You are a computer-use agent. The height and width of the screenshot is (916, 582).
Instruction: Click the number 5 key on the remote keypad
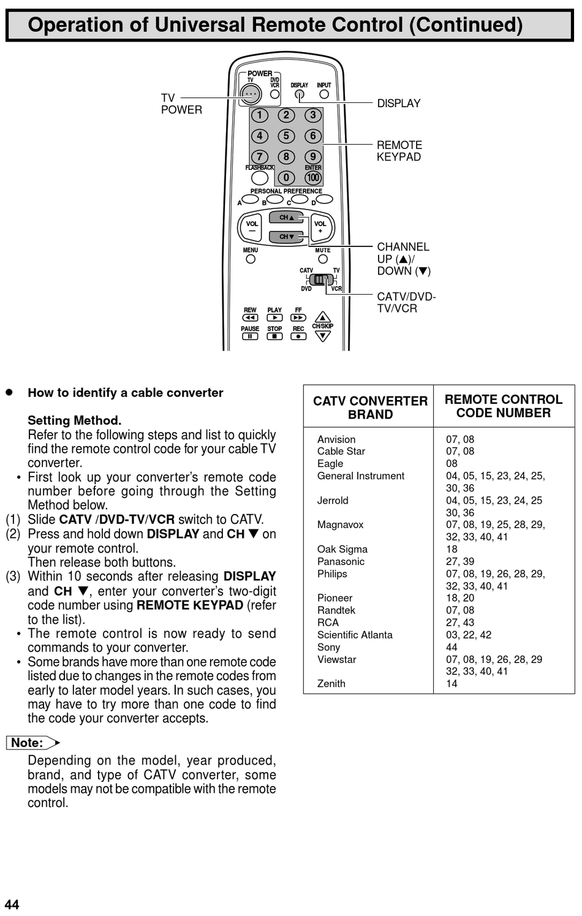point(286,136)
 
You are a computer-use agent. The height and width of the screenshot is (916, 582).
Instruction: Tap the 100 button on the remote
point(313,178)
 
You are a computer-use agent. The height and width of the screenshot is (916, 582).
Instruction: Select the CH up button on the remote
point(287,218)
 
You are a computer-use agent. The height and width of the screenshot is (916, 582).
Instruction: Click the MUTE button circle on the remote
point(323,259)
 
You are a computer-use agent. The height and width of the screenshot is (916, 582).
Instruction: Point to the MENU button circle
point(251,259)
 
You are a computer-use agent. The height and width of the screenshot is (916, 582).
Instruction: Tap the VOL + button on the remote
point(320,227)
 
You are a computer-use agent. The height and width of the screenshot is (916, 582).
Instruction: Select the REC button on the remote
point(298,336)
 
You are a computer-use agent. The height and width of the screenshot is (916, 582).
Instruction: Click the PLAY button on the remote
point(274,317)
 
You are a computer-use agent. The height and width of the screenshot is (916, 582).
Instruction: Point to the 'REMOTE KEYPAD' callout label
point(399,151)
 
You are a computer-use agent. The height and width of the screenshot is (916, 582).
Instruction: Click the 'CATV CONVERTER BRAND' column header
point(370,407)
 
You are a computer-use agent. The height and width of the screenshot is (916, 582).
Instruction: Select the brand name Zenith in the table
point(331,684)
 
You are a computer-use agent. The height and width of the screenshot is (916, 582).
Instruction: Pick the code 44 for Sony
point(452,647)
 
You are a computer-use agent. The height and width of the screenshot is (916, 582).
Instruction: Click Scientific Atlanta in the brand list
point(355,635)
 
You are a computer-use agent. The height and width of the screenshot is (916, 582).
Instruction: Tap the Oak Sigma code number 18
point(452,549)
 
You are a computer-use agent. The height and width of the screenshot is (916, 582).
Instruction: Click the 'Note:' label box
point(28,743)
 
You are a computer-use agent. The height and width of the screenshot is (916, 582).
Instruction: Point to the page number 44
point(12,904)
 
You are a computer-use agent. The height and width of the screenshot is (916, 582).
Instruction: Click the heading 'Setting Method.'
point(74,420)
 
